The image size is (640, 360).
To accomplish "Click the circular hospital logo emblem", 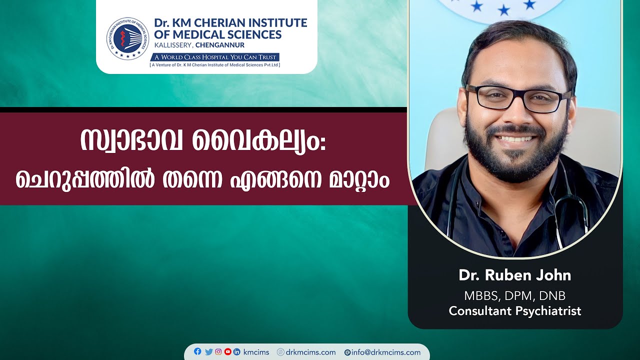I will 127,38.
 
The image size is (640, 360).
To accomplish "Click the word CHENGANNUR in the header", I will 220,45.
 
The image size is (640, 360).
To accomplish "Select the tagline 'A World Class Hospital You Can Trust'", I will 215,57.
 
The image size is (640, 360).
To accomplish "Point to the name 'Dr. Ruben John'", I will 514,275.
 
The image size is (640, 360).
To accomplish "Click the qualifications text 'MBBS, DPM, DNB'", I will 514,295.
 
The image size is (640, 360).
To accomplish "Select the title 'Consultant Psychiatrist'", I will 514,311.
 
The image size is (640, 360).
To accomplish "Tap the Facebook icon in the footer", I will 197,351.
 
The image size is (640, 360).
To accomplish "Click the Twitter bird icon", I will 208,352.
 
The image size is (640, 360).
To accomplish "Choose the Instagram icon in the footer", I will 218,352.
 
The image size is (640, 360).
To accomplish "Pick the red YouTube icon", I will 228,352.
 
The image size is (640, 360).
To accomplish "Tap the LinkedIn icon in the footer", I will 237,352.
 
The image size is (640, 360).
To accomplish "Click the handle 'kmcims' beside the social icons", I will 256,352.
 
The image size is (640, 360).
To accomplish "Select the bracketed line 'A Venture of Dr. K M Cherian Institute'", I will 215,65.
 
